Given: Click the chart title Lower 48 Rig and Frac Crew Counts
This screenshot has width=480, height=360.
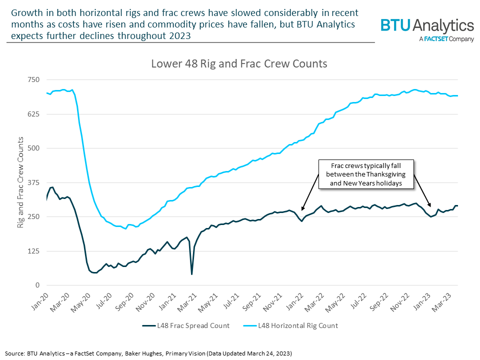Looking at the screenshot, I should pos(239,64).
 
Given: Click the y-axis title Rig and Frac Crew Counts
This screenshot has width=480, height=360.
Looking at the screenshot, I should pos(20,182).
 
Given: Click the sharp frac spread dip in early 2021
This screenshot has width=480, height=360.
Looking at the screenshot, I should pos(192,273).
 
